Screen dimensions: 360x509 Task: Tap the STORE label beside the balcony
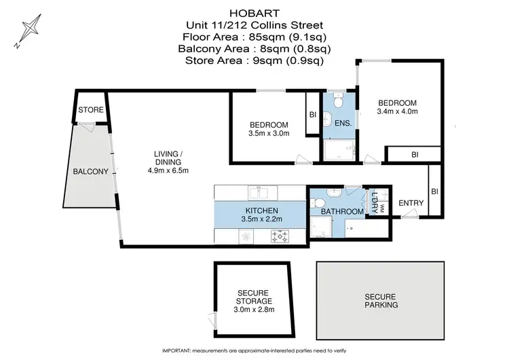[x=90, y=110]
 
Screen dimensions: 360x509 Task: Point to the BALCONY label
[x=90, y=172]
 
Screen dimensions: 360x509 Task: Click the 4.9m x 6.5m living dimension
[x=168, y=170]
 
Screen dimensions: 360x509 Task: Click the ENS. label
[x=343, y=123]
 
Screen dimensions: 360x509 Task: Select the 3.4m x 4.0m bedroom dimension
[x=397, y=111]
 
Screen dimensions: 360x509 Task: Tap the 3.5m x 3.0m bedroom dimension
[x=269, y=134]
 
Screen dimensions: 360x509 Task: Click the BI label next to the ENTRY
[x=435, y=192]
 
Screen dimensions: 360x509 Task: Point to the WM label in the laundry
[x=382, y=208]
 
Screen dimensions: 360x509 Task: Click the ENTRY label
[x=411, y=202]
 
